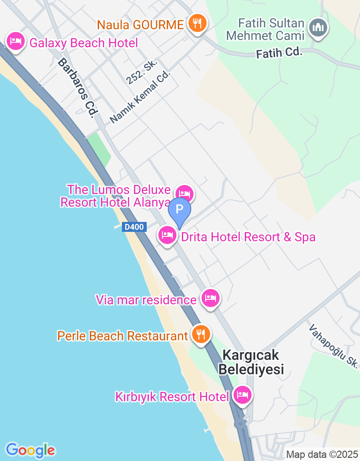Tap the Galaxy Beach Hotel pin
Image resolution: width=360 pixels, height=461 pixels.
click(16, 41)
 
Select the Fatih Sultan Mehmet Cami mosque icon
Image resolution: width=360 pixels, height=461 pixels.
click(318, 28)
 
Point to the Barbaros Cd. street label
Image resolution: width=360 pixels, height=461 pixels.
click(75, 88)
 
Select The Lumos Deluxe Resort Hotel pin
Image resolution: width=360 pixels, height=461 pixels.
click(184, 194)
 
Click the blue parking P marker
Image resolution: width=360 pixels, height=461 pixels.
click(180, 210)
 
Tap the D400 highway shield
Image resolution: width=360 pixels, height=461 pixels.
click(134, 227)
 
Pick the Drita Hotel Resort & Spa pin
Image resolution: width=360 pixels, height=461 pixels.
click(168, 235)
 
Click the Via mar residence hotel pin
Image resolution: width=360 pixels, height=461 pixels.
click(210, 298)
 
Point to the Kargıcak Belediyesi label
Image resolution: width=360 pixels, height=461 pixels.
click(251, 362)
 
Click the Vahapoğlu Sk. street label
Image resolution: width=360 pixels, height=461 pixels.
click(333, 345)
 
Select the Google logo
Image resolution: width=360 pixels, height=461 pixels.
click(30, 450)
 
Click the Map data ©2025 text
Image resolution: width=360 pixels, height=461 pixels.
click(322, 455)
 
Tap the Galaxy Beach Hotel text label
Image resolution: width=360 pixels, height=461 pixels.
click(84, 43)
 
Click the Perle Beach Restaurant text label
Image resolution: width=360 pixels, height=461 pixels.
click(122, 336)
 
